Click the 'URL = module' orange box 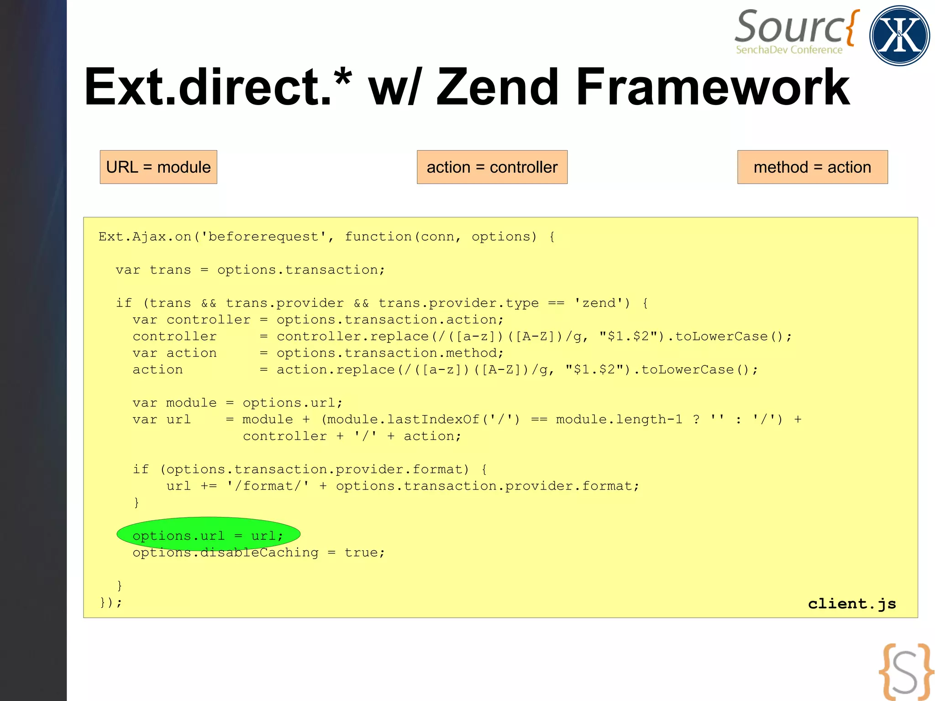(x=158, y=167)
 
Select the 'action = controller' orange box (x=492, y=167)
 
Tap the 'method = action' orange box (x=812, y=167)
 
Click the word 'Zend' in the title (x=498, y=87)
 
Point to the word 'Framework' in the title (x=712, y=87)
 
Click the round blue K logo (x=899, y=36)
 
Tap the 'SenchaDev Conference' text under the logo (x=789, y=50)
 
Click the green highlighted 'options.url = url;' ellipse (x=208, y=535)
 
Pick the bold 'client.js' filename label (x=852, y=604)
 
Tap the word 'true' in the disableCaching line (x=361, y=553)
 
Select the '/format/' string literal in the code (x=268, y=486)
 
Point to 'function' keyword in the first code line (x=378, y=237)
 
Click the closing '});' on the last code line (x=111, y=602)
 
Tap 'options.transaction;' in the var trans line (x=301, y=270)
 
